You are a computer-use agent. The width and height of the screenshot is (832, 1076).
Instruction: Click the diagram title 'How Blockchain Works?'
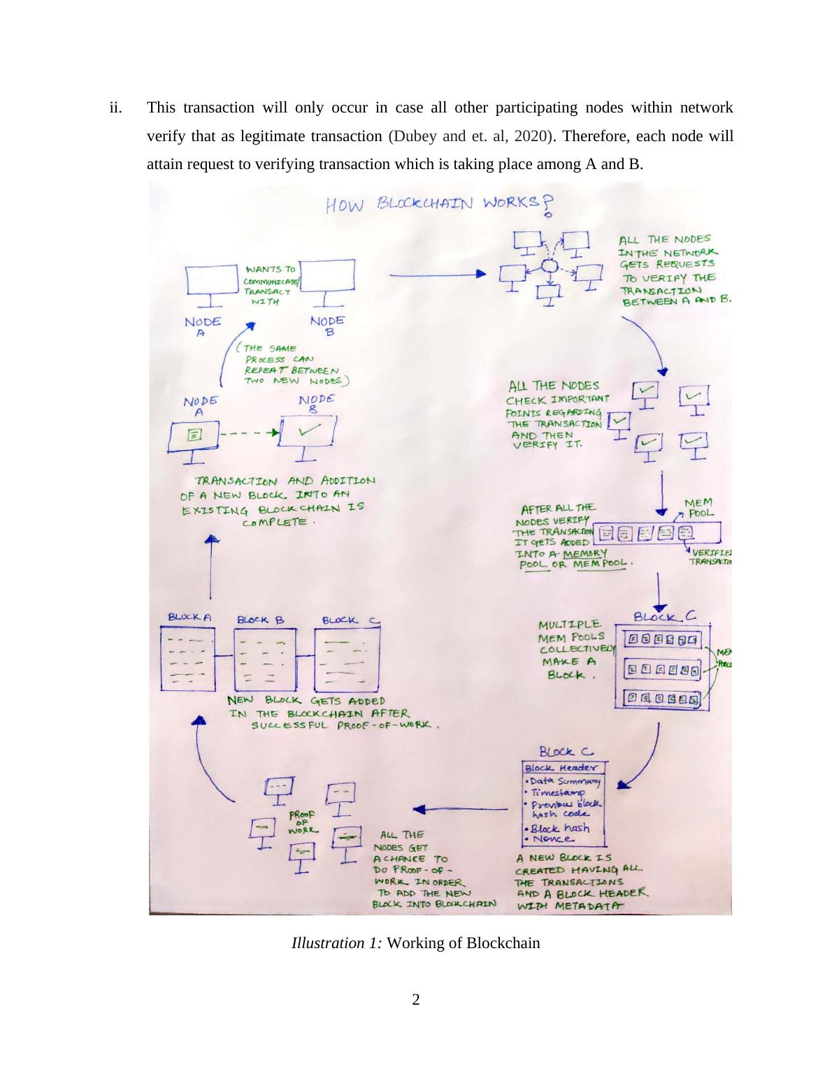click(x=433, y=204)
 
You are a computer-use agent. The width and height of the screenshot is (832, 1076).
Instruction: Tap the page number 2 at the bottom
click(x=416, y=1000)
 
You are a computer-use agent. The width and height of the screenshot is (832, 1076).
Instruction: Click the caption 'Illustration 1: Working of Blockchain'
click(x=416, y=943)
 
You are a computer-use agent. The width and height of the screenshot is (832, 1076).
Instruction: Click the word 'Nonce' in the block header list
click(x=553, y=838)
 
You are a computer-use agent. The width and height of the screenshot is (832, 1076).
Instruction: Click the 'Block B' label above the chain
click(x=261, y=619)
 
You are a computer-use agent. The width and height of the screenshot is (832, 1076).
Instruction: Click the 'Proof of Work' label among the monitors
click(x=303, y=822)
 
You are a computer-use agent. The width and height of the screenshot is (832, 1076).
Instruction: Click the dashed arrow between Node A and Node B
click(x=249, y=433)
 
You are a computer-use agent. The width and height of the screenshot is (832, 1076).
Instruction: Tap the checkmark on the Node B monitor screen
click(x=306, y=432)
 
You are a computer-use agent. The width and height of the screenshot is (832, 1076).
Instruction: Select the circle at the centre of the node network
click(x=550, y=266)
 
